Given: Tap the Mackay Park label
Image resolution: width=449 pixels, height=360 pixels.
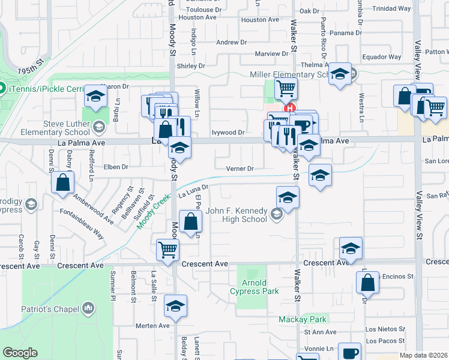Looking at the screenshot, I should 303,319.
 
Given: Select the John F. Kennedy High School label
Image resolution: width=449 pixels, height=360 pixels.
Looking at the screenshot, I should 236,215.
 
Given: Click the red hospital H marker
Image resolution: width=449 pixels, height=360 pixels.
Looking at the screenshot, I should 290,109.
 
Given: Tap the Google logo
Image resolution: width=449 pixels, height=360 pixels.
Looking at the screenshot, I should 20,352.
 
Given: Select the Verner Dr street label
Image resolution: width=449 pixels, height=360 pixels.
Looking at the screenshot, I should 240,169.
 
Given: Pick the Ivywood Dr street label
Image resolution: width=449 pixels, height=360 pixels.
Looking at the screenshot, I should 229,133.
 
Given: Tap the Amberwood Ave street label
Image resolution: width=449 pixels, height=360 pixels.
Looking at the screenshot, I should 93,208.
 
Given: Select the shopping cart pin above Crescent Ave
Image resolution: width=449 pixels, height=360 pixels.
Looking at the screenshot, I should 167,250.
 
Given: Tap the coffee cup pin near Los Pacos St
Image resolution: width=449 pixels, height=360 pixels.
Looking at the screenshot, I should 349,353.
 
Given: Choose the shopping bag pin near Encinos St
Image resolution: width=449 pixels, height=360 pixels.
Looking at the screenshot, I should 367,282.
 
